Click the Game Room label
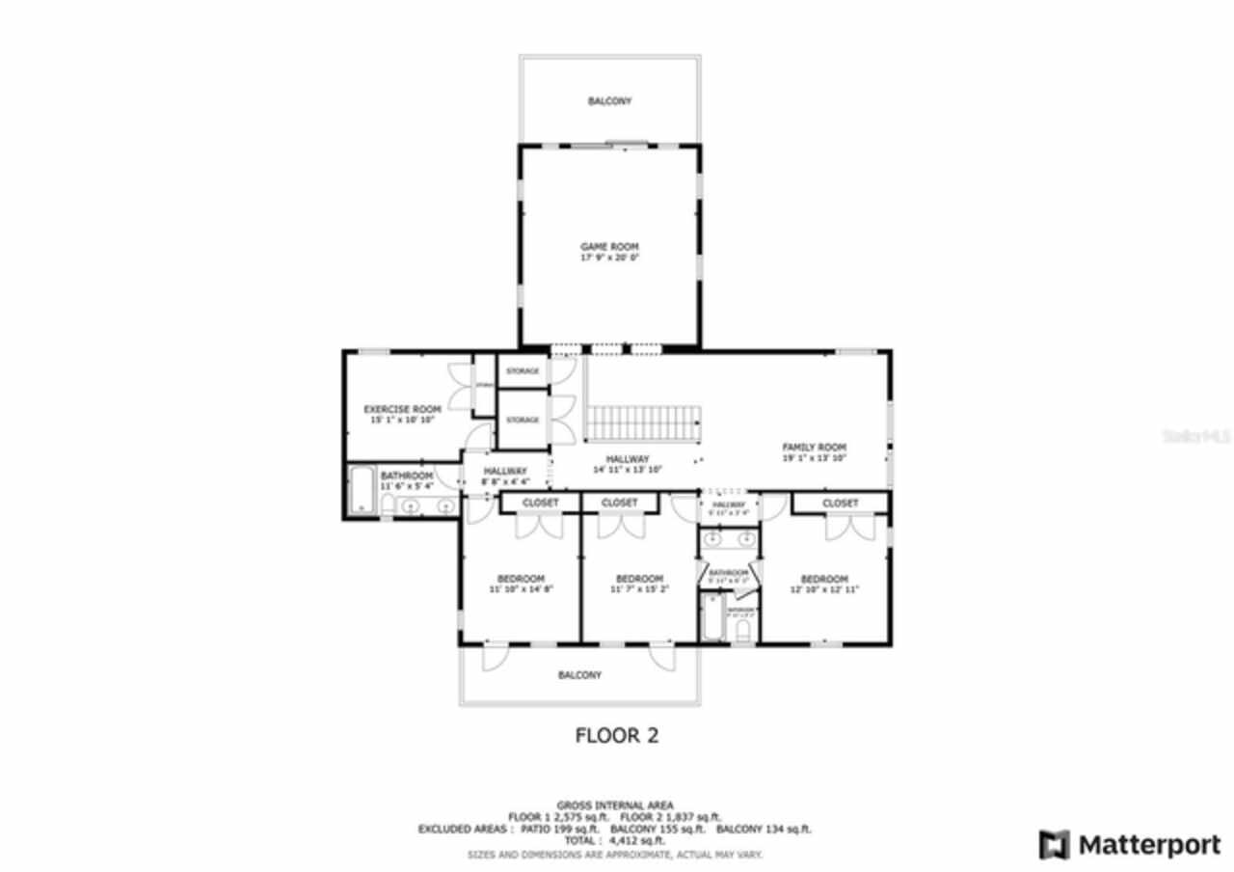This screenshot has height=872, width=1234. tap(609, 247)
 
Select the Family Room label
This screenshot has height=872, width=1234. tap(814, 448)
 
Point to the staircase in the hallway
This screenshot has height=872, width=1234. tap(642, 422)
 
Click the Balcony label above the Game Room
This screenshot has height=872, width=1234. tap(609, 100)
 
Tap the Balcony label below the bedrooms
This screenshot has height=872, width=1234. tap(579, 675)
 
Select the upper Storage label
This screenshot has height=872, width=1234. tap(523, 371)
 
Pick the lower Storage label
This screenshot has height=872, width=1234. tap(523, 420)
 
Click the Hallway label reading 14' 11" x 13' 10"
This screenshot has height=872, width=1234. tap(628, 459)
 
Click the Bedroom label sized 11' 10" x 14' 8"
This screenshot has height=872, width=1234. tap(521, 579)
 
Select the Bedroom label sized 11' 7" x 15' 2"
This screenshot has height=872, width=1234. tap(639, 579)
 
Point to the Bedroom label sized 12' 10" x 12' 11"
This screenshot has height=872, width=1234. tap(824, 579)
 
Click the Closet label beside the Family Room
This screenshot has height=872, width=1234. tap(840, 504)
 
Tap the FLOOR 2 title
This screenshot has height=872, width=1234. tap(616, 736)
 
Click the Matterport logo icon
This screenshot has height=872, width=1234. tap(1055, 845)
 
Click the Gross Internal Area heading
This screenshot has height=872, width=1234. tap(615, 805)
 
